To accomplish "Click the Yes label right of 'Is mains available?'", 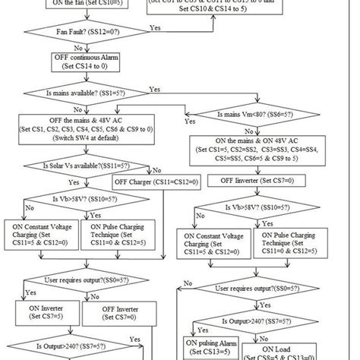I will coord(155,89).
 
